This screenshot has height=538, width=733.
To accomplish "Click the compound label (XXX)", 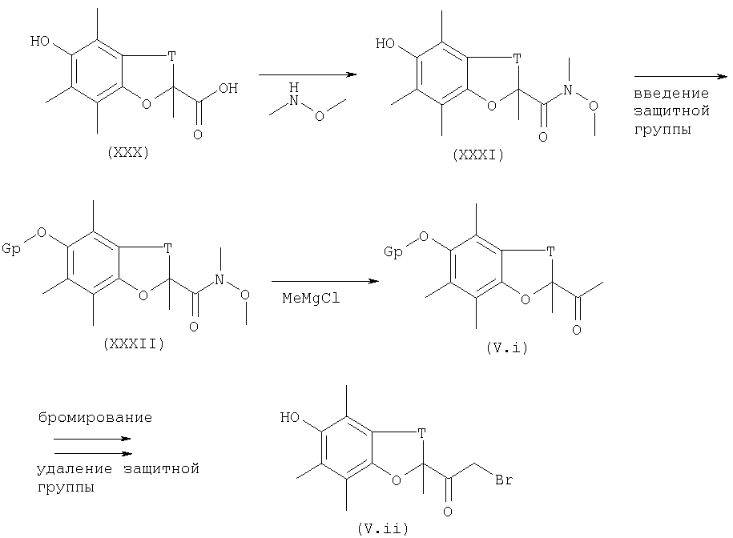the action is [127, 153].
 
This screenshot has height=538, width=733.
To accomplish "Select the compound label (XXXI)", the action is [478, 155].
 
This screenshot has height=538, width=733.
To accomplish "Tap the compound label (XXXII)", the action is [134, 344].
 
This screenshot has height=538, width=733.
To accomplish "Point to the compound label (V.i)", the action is [507, 348].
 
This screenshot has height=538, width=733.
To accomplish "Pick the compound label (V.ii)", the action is [383, 528].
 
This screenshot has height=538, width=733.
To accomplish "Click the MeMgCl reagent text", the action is [311, 298].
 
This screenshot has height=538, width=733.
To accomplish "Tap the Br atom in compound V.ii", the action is [504, 480].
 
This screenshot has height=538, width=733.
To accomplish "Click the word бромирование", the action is [95, 417].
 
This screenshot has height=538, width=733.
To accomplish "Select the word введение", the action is [671, 94].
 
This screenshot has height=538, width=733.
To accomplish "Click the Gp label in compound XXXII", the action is [11, 248].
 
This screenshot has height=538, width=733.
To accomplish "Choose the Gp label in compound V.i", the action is [393, 252].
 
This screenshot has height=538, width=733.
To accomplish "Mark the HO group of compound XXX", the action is [40, 41].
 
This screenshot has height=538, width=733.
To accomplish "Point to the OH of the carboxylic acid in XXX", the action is [228, 88].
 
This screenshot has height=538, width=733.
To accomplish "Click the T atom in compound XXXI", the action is [517, 58].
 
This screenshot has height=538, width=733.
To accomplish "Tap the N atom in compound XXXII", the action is [219, 279].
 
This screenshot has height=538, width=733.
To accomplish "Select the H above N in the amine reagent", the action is [293, 87].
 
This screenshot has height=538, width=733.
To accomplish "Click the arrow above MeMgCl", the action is [325, 281].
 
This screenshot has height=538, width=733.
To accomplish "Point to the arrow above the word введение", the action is [681, 76].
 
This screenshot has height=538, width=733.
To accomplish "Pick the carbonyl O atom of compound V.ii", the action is [448, 512].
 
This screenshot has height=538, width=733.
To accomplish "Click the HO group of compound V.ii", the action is [290, 417].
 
